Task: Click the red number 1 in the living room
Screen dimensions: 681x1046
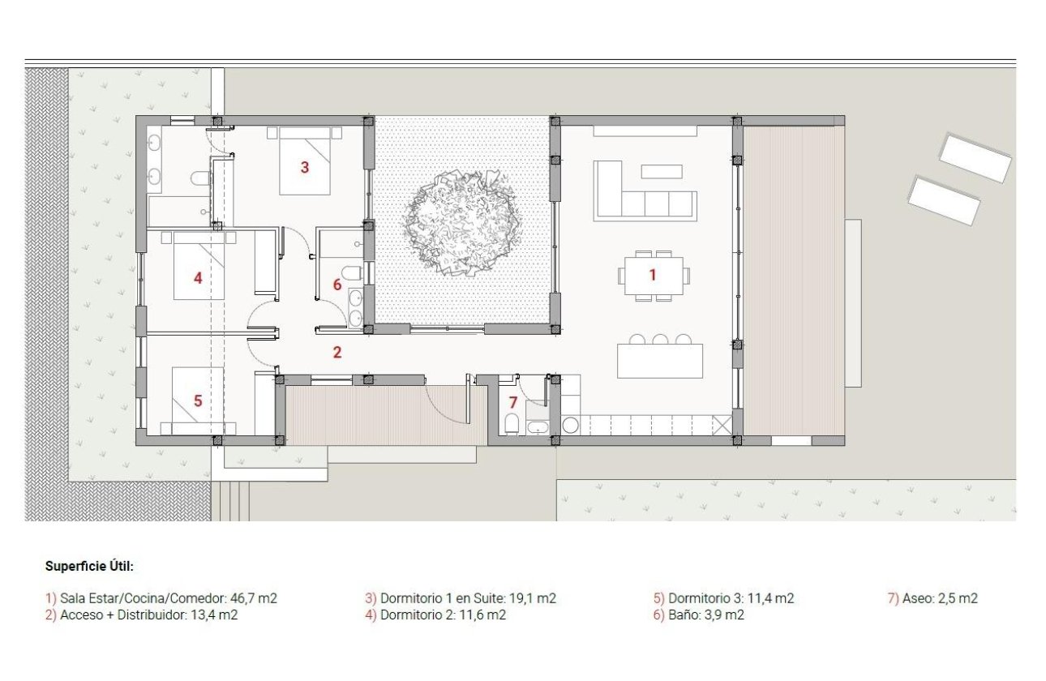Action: pyautogui.click(x=652, y=276)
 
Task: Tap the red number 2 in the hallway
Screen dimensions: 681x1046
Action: pyautogui.click(x=337, y=353)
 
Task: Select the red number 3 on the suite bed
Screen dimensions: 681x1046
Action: pyautogui.click(x=305, y=168)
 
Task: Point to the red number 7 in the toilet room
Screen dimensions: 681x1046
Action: pyautogui.click(x=512, y=403)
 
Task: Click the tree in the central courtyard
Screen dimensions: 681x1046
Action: pyautogui.click(x=461, y=223)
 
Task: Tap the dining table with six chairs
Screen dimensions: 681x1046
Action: pyautogui.click(x=653, y=276)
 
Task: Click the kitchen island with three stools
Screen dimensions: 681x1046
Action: pyautogui.click(x=659, y=360)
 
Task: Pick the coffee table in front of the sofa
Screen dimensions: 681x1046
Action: pyautogui.click(x=662, y=171)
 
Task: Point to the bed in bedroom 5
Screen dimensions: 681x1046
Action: pyautogui.click(x=198, y=400)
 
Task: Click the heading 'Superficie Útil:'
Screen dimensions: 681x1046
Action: pyautogui.click(x=89, y=567)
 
